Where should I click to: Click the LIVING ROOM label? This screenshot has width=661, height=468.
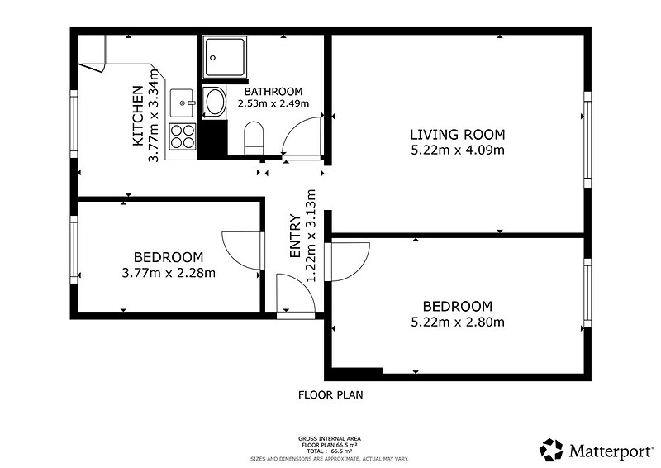pos(458,135)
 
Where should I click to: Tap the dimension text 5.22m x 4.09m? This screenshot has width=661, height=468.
pos(458,150)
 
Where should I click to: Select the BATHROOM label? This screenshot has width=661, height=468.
pos(273,92)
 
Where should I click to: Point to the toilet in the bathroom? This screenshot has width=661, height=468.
pos(254,138)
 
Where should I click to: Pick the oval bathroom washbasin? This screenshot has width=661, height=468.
pos(214,102)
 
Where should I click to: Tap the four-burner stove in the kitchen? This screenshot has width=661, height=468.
pos(183,136)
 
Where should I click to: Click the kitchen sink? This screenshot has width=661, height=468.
pos(182,103)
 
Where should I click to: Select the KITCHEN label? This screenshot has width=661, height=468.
pos(138,116)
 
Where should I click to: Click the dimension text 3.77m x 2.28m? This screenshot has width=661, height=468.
pos(169,273)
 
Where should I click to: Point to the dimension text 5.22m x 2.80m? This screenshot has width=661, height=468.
pos(458,322)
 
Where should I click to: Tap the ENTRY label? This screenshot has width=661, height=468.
pos(295,236)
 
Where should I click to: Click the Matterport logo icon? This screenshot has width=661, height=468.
pos(551,450)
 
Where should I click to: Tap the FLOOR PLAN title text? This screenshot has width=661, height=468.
pos(330,395)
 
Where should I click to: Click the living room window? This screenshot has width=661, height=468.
pos(587,139)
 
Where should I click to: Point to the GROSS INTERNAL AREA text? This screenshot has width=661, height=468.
pos(330,439)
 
